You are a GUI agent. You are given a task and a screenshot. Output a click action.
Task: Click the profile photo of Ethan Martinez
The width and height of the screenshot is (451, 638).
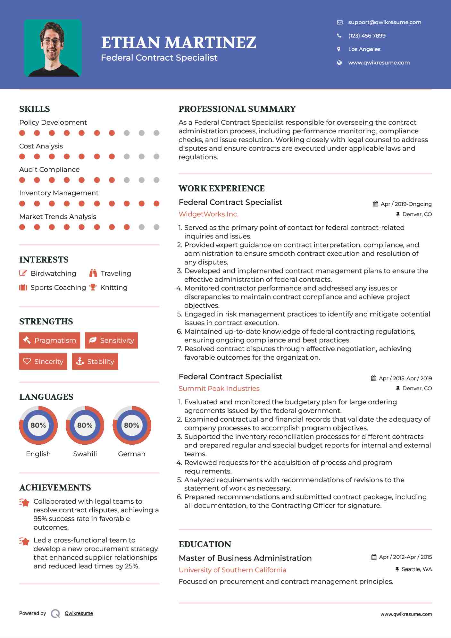coord(53,48)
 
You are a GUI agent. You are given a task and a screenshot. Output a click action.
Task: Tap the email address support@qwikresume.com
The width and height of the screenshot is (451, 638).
coord(384,22)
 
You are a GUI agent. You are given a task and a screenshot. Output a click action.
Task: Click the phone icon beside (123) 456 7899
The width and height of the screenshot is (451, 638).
coord(339,36)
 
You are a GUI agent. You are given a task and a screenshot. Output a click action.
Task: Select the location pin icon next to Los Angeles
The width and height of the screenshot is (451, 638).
coord(339,49)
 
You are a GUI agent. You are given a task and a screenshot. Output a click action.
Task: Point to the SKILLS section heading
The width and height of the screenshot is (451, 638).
coord(35,109)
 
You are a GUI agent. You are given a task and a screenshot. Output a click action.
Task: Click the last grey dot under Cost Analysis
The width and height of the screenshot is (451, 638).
coord(156,156)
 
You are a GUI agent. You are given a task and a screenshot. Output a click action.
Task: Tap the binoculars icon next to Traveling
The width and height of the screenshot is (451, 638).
coord(93,273)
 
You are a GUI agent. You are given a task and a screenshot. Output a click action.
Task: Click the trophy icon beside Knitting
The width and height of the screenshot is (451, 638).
coord(93,287)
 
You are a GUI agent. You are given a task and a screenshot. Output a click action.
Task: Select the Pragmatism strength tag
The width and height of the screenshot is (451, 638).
coord(50,340)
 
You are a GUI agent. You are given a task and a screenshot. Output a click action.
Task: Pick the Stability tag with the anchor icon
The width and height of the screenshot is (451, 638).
coord(95,361)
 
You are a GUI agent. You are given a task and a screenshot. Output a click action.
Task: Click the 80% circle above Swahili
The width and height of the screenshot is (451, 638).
coord(85,425)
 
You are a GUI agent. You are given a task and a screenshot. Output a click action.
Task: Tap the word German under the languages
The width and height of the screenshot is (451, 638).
coord(131,454)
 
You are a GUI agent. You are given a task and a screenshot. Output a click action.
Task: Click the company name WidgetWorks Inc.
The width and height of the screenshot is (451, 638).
coord(208,214)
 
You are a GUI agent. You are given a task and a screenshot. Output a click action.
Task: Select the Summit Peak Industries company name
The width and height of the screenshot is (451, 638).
coord(219,388)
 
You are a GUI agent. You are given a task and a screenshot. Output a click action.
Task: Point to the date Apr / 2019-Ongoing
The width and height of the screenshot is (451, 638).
coord(406,204)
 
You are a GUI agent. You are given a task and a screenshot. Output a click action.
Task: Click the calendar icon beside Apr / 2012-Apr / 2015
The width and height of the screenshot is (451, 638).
coord(374,557)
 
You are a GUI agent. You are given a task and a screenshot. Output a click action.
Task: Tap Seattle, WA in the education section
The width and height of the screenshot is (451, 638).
coord(416,569)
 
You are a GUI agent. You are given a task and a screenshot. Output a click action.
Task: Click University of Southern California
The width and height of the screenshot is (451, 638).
coord(232,570)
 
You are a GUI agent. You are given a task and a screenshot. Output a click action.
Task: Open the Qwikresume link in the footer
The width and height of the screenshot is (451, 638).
coord(79,613)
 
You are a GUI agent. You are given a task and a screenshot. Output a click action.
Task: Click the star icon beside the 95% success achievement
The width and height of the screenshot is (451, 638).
coord(24,502)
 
